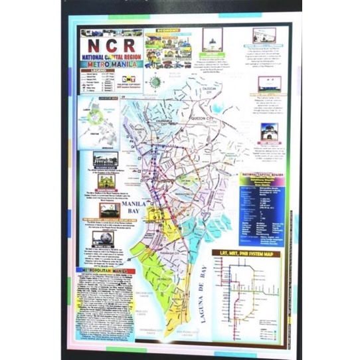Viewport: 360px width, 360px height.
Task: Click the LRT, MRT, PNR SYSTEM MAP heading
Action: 248,253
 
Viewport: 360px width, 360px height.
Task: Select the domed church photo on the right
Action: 270,130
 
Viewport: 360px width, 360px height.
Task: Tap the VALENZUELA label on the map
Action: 162,114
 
